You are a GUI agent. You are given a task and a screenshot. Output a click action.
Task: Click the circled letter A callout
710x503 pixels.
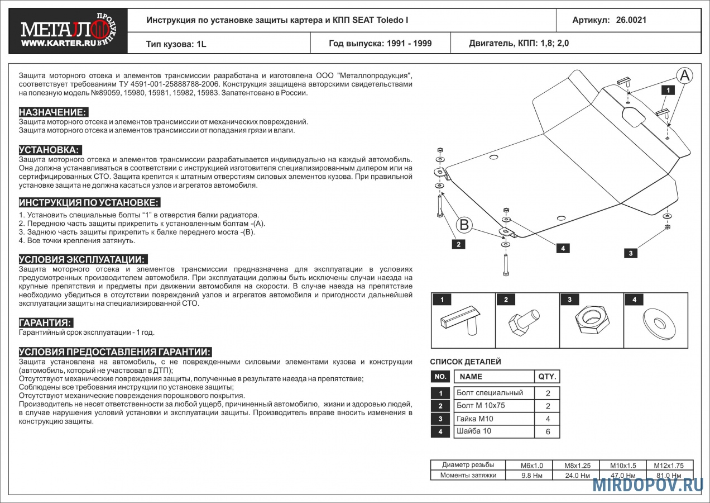click(x=685, y=75)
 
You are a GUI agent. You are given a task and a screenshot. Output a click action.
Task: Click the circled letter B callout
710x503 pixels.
click(x=464, y=225)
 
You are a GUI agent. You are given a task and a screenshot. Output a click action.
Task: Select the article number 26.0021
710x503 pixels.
click(x=631, y=20)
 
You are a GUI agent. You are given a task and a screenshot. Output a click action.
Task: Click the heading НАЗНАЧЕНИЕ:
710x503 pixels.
click(x=53, y=112)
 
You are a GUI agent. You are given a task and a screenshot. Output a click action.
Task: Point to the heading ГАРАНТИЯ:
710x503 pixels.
click(x=46, y=323)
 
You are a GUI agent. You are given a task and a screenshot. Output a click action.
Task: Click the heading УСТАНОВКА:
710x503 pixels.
click(x=50, y=150)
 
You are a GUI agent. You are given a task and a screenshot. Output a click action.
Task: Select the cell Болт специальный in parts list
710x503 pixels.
click(x=490, y=393)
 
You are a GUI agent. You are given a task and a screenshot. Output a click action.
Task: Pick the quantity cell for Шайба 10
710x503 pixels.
click(x=547, y=431)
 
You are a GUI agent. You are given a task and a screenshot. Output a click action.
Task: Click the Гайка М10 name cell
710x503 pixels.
click(x=475, y=419)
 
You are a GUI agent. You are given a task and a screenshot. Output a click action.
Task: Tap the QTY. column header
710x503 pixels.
click(x=547, y=377)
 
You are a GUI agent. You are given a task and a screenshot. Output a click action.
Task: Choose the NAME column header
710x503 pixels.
click(x=471, y=377)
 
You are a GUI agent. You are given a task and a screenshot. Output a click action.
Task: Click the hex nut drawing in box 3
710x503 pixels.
click(x=591, y=321)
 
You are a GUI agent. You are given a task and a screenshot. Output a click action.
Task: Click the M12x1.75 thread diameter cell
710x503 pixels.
click(x=669, y=465)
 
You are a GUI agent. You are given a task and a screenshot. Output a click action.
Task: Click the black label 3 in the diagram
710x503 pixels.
click(x=630, y=253)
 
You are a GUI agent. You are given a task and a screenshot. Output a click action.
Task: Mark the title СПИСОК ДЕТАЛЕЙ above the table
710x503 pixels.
click(x=466, y=362)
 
